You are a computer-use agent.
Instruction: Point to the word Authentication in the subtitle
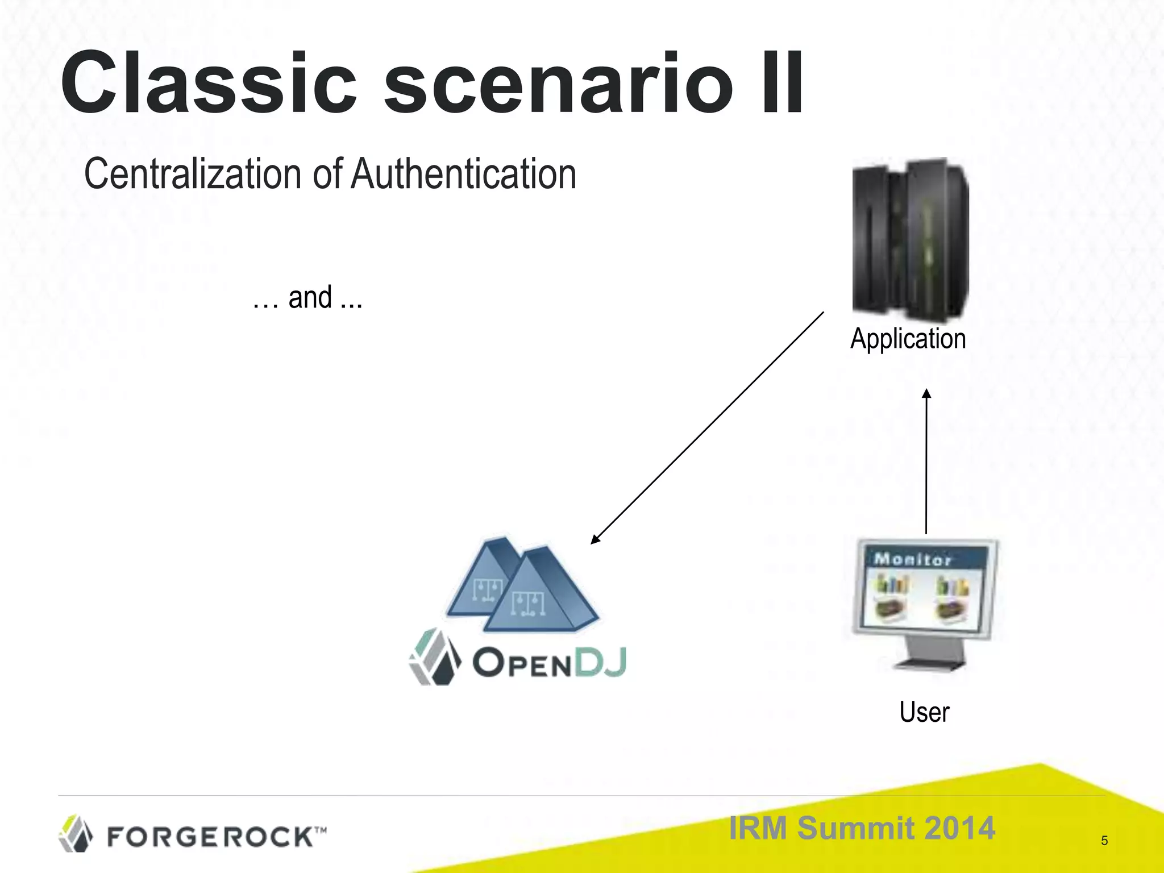pyautogui.click(x=463, y=174)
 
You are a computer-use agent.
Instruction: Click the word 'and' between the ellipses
pyautogui.click(x=310, y=298)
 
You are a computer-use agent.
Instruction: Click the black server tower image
pyautogui.click(x=910, y=239)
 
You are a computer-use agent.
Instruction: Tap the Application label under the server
pyautogui.click(x=908, y=339)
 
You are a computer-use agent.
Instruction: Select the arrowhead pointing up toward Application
pyautogui.click(x=926, y=393)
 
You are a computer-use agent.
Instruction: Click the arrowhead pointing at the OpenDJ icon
pyautogui.click(x=596, y=539)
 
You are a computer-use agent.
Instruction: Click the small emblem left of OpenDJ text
pyautogui.click(x=435, y=657)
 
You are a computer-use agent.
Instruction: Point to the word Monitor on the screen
pyautogui.click(x=912, y=559)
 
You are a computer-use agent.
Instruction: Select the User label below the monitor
pyautogui.click(x=924, y=712)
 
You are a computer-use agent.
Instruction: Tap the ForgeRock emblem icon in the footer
pyautogui.click(x=76, y=833)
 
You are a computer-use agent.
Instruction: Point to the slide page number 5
pyautogui.click(x=1104, y=841)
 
